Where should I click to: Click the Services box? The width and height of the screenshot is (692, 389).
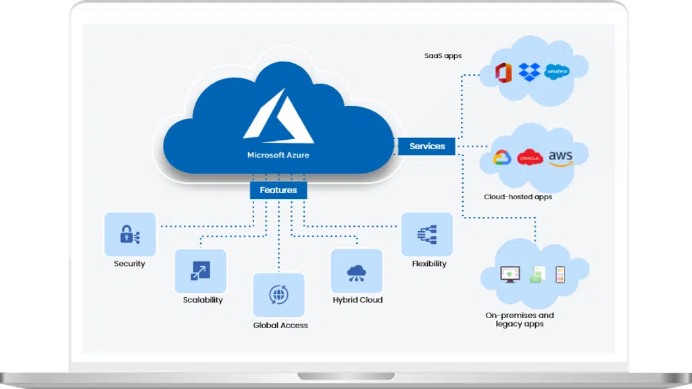pyautogui.click(x=426, y=146)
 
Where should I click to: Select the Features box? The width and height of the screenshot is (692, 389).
pyautogui.click(x=278, y=190)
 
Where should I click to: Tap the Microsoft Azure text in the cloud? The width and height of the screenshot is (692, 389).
pyautogui.click(x=278, y=155)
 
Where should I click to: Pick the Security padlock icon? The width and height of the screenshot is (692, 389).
pyautogui.click(x=129, y=234)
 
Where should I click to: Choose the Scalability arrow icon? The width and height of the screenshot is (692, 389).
pyautogui.click(x=200, y=271)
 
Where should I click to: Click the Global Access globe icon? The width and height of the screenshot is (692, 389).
pyautogui.click(x=279, y=294)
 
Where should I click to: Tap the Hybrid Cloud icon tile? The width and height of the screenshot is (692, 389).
pyautogui.click(x=357, y=271)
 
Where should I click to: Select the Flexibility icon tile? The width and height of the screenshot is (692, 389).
pyautogui.click(x=427, y=234)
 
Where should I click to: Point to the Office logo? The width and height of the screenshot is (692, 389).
pyautogui.click(x=503, y=72)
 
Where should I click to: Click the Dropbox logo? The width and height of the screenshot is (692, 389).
pyautogui.click(x=529, y=72)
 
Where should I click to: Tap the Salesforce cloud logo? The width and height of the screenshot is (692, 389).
pyautogui.click(x=557, y=72)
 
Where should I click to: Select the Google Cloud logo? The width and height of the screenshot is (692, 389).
pyautogui.click(x=502, y=157)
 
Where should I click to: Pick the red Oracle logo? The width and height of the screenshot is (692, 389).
pyautogui.click(x=530, y=157)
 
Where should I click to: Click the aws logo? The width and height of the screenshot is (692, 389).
pyautogui.click(x=560, y=158)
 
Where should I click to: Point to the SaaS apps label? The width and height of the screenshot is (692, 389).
pyautogui.click(x=443, y=55)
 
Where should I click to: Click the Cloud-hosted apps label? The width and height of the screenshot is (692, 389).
pyautogui.click(x=518, y=197)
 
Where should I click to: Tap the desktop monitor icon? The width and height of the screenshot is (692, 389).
pyautogui.click(x=510, y=274)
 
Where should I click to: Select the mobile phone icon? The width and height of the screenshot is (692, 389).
pyautogui.click(x=560, y=274)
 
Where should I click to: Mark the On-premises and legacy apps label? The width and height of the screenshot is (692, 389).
pyautogui.click(x=520, y=319)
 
